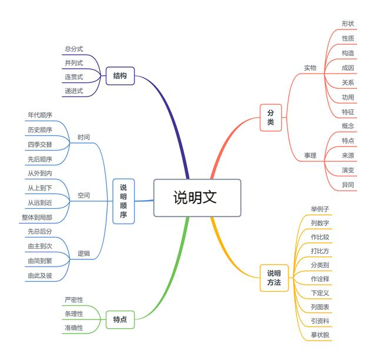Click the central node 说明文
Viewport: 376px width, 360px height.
[197, 198]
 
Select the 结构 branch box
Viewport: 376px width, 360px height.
[120, 76]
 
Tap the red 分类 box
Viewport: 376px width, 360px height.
[270, 117]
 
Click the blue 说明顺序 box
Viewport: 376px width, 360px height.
[123, 201]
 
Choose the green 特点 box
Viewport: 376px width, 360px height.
[120, 319]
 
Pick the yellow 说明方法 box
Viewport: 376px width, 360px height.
[274, 278]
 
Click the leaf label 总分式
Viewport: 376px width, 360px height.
[74, 49]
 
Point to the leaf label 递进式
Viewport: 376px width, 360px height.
[74, 91]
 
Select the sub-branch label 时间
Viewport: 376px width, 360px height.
[83, 137]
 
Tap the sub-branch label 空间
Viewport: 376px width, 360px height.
[83, 195]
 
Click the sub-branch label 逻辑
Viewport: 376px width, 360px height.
[83, 254]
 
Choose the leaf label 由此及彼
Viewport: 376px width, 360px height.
[40, 275]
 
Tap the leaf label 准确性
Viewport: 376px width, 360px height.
[74, 327]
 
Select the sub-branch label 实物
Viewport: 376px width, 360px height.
[310, 68]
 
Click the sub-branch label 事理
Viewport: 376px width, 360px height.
[310, 156]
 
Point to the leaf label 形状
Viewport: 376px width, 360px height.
[348, 24]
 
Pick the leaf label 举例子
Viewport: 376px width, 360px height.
[320, 209]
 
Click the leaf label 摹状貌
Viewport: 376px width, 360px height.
[320, 335]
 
